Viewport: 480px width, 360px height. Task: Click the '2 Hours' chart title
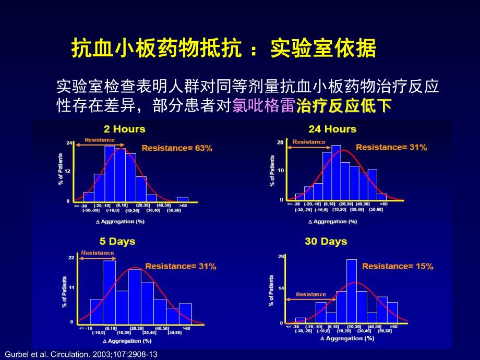(x=124, y=129)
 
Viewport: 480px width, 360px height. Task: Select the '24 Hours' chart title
(x=332, y=129)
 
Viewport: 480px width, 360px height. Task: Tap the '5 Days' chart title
(x=117, y=241)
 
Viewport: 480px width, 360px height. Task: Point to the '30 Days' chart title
(x=326, y=242)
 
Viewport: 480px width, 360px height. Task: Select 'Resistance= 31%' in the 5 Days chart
(x=181, y=266)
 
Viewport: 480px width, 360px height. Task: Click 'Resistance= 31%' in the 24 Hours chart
(x=391, y=148)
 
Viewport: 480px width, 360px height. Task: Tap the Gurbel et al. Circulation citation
(x=80, y=354)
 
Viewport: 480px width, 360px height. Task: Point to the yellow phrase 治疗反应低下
(x=343, y=106)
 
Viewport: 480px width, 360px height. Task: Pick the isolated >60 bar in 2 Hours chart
(x=182, y=199)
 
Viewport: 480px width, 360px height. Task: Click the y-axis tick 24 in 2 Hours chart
(x=68, y=142)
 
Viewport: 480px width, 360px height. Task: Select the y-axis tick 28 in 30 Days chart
(x=280, y=257)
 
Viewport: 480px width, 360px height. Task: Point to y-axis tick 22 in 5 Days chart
(x=71, y=258)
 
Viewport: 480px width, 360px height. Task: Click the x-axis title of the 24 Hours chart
(x=332, y=222)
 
